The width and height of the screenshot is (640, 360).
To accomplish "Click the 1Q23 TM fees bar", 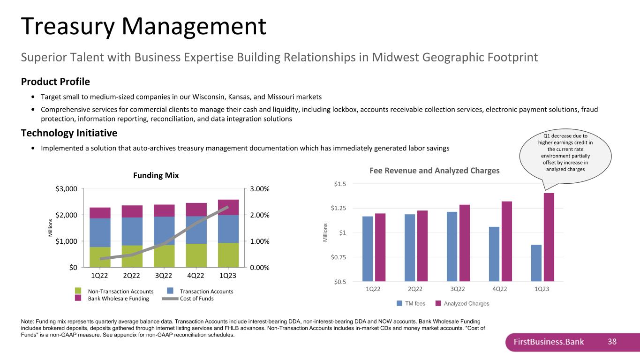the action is (x=536, y=263).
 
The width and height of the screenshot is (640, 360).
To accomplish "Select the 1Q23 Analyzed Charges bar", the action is (x=549, y=237).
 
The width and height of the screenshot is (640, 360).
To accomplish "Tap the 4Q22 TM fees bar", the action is (x=494, y=254).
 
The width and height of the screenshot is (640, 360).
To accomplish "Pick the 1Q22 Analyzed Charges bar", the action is (x=380, y=247).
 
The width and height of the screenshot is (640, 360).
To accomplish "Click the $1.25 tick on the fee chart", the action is (x=339, y=208).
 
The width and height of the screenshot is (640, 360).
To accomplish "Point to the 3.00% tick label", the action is (x=260, y=189).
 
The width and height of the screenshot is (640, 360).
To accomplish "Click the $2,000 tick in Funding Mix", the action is (x=66, y=215).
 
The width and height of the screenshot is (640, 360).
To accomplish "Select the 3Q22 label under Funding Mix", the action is (x=164, y=276).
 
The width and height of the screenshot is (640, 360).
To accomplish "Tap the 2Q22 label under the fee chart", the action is (x=415, y=289).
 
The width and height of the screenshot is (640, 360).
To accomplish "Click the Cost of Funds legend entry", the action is (x=188, y=299).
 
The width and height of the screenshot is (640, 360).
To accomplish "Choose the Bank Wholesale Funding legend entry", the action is (x=112, y=299).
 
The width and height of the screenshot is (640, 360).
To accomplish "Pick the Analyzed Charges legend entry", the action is (x=462, y=303).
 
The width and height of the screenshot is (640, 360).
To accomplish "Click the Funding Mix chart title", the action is (x=156, y=175).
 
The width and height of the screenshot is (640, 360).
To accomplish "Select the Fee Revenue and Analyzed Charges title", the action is (x=435, y=171).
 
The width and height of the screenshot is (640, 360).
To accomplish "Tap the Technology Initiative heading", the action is (x=69, y=133).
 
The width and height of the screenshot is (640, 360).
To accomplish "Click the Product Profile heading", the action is (x=55, y=82).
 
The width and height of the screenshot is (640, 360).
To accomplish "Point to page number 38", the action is (x=612, y=342).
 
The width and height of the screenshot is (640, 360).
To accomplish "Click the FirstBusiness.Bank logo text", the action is (x=549, y=342).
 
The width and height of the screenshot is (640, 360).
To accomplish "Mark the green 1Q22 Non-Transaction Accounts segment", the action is (x=100, y=257).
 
